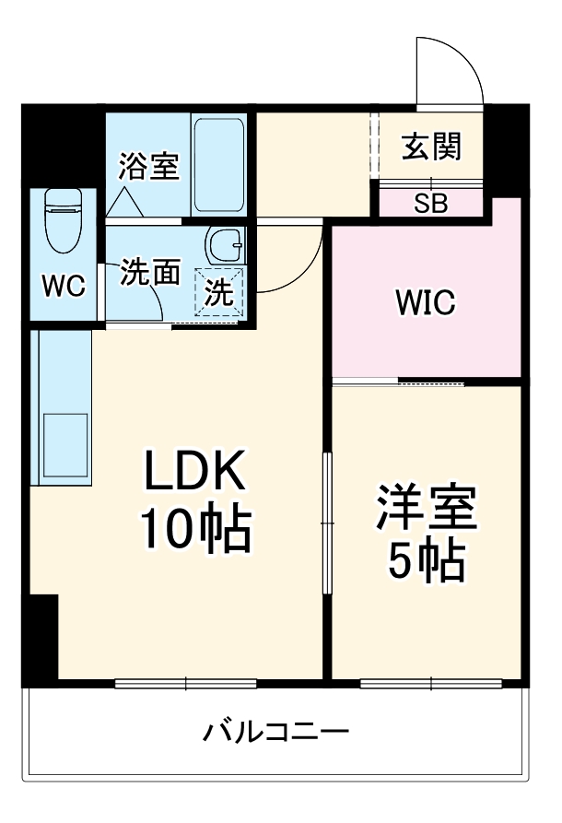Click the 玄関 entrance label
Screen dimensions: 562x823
coord(431,146)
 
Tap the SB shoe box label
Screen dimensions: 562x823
coord(431,203)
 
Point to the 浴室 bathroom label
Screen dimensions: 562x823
coord(149,166)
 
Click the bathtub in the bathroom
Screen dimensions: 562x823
coord(219,165)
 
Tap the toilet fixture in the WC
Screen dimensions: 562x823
coord(64,220)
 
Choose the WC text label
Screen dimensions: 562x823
coord(64,287)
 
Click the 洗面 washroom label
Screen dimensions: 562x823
coord(150,272)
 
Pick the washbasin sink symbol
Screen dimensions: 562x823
coord(225,246)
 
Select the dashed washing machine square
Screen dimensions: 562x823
coord(219,292)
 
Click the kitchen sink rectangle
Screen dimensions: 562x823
coord(65,444)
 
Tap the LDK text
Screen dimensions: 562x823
coord(194,470)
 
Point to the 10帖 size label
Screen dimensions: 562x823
coord(195,527)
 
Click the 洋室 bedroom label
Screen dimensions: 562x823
coord(426,507)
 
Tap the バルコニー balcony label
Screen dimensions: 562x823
coord(276,731)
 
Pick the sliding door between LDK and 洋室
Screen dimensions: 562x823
coord(327,523)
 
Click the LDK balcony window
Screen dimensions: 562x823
coord(186,684)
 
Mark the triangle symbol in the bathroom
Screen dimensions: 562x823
coord(125,202)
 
